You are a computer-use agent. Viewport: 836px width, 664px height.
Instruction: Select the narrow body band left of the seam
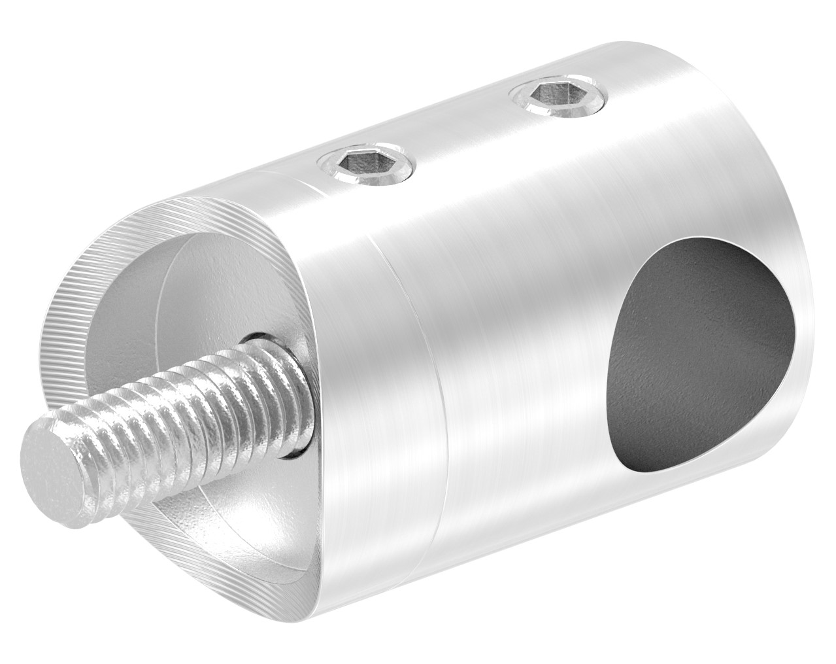point(366,393)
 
